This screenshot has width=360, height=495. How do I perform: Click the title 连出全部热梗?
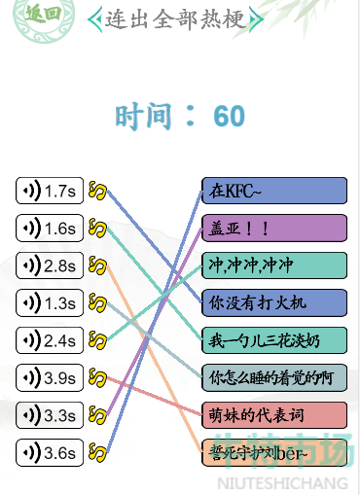click(x=174, y=18)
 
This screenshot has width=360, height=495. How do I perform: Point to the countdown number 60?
click(x=230, y=117)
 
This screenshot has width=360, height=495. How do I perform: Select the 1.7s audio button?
click(x=50, y=191)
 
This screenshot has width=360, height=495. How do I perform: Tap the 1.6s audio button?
click(x=50, y=229)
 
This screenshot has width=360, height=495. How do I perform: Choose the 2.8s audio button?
click(x=50, y=265)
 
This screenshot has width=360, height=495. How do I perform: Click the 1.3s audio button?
click(x=50, y=303)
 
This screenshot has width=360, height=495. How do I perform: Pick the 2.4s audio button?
click(x=50, y=340)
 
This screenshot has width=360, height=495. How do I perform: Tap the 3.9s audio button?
click(x=50, y=377)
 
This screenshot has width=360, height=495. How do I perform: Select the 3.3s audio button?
click(x=50, y=415)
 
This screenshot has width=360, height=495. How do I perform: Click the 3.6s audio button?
click(x=50, y=452)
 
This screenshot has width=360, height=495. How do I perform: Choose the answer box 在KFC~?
click(x=274, y=191)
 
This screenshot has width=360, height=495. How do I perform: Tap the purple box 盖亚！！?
click(x=274, y=228)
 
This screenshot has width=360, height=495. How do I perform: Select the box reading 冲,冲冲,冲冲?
click(x=274, y=265)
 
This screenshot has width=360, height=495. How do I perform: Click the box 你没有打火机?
click(x=274, y=302)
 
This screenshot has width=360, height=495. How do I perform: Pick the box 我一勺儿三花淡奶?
click(x=274, y=339)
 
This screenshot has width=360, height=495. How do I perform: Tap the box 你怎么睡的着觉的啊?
click(x=274, y=377)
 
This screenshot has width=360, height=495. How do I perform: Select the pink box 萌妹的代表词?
click(x=274, y=414)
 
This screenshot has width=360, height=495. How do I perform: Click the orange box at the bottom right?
click(x=274, y=451)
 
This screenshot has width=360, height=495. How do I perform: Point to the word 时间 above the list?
click(x=144, y=117)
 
